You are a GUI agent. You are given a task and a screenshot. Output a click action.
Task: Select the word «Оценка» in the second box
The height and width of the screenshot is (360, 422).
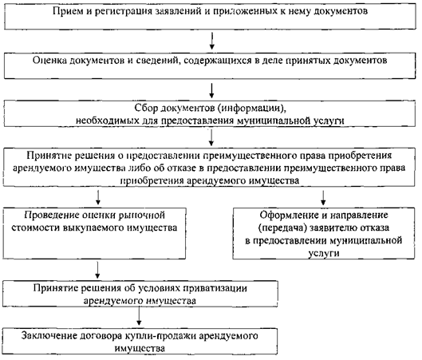tap(49, 61)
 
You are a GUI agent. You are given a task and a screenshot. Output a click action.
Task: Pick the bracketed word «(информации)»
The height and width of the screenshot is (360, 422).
tap(252, 109)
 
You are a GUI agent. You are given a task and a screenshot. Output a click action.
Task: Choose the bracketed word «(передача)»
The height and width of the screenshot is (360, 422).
tap(282, 228)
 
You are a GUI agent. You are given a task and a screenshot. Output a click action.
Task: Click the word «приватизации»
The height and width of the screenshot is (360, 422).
tap(215, 288)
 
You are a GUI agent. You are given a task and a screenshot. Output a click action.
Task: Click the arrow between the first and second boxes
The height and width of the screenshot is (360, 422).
tap(212, 41)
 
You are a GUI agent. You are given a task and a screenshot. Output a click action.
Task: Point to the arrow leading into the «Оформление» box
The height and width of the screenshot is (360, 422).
tap(323, 198)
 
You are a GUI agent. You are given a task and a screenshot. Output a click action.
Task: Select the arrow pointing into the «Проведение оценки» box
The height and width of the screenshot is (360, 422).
tap(98, 198)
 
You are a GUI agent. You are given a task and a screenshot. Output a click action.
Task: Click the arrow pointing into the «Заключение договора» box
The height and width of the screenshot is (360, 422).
tap(139, 316)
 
